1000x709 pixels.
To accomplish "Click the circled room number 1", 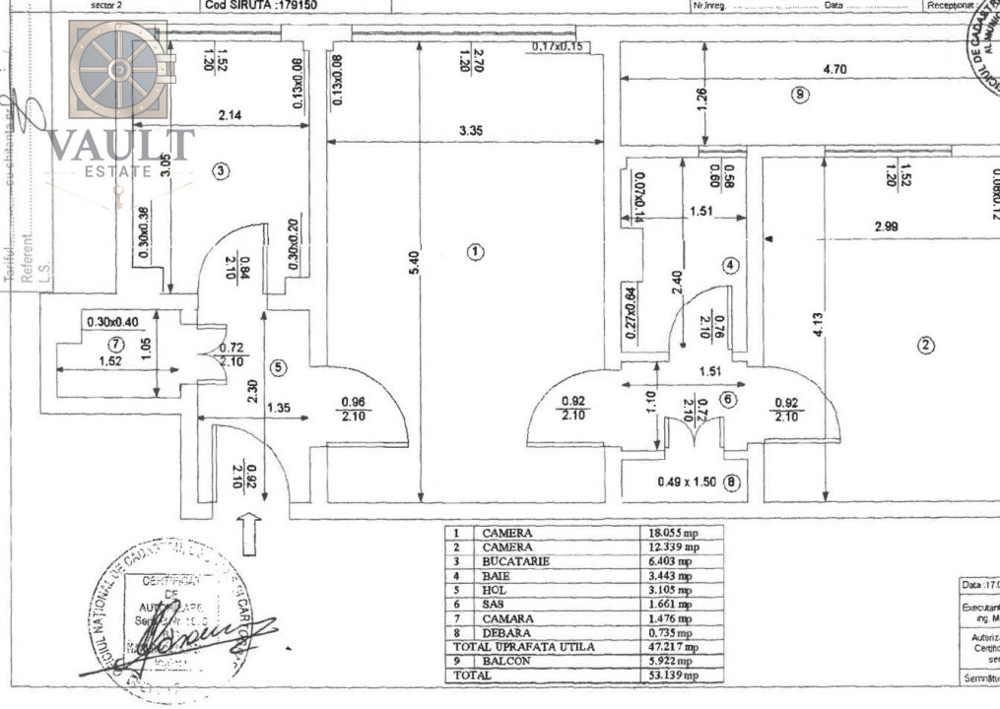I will click(476, 251).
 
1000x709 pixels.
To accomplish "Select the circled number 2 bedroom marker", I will click(925, 345).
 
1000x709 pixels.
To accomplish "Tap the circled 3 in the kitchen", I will click(222, 171).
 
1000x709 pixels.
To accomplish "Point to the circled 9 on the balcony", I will click(800, 95).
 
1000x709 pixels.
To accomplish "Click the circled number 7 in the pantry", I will click(117, 345).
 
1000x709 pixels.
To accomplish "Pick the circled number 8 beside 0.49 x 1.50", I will click(730, 483).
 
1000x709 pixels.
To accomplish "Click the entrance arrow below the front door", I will click(249, 533).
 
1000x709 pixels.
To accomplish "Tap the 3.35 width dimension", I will click(470, 129).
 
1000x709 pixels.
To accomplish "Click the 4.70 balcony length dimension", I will click(834, 70).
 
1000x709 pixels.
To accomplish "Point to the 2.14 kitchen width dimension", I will click(230, 115).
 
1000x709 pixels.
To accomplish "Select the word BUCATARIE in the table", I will click(515, 561).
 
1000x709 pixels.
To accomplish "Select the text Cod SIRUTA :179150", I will click(261, 5).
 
